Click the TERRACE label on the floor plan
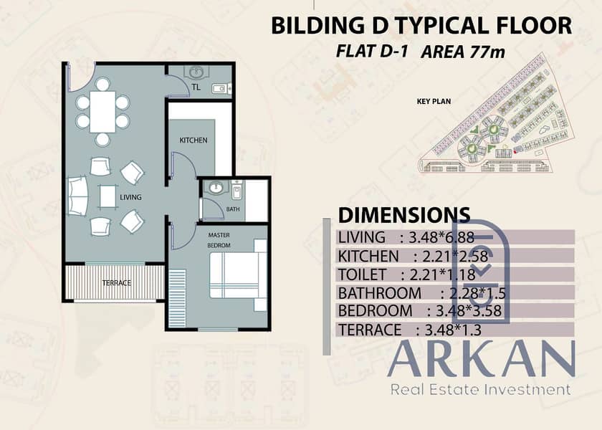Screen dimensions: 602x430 click(117, 283)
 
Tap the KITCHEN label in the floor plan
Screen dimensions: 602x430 click(193, 140)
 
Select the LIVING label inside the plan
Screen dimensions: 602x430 click(130, 197)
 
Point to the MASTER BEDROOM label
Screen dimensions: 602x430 click(219, 240)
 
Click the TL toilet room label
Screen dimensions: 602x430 click(196, 87)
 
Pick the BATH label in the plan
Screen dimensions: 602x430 click(233, 209)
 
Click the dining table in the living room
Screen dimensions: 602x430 click(102, 112)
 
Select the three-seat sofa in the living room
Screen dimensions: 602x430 click(77, 196)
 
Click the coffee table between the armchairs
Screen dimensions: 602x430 click(108, 196)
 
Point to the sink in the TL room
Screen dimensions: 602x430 click(196, 72)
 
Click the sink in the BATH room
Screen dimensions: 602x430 click(216, 187)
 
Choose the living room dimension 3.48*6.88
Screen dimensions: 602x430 click(441, 238)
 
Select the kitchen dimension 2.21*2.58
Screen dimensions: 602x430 click(455, 256)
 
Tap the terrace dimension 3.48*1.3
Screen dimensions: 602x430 click(453, 330)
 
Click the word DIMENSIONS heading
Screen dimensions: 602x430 click(404, 215)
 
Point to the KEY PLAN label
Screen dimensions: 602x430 click(434, 102)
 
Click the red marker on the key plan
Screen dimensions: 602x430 click(515, 153)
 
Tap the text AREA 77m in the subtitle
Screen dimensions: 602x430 click(463, 52)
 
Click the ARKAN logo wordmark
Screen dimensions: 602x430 click(482, 358)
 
